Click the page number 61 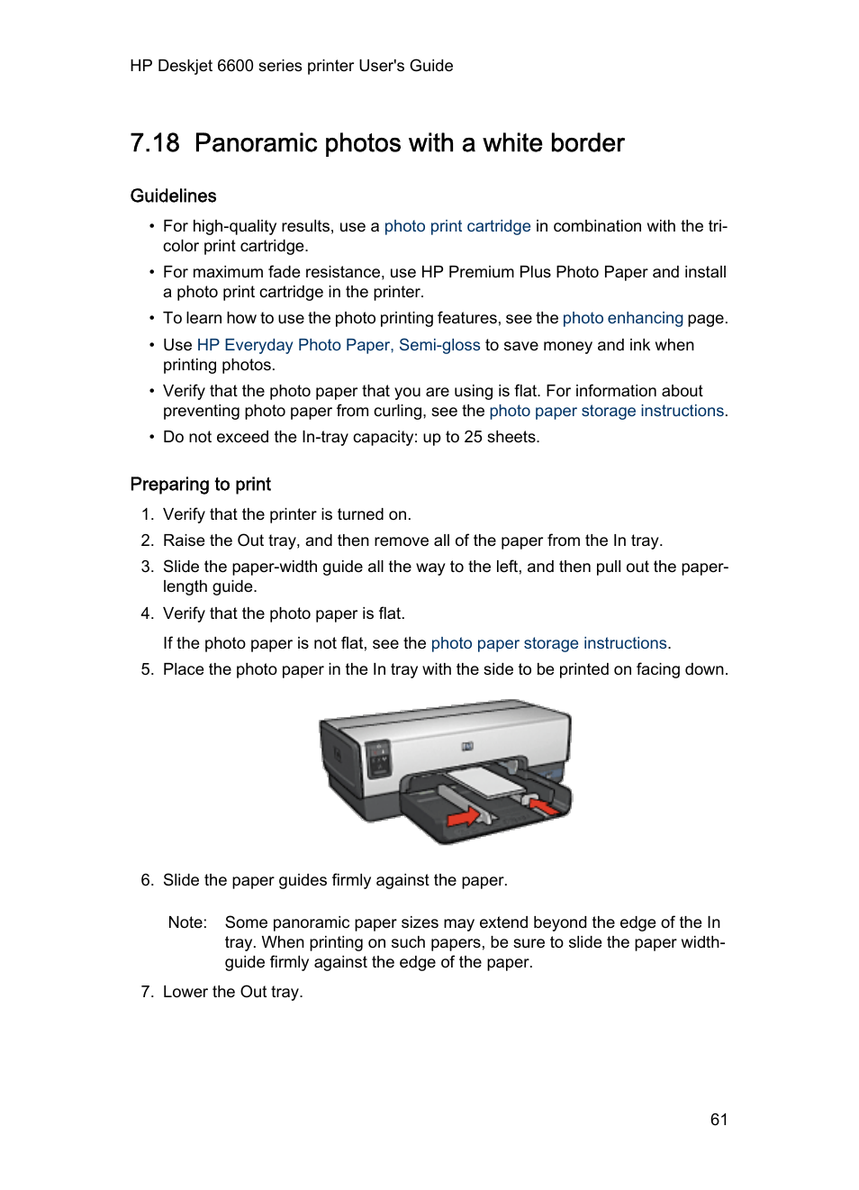(718, 1119)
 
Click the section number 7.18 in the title (155, 143)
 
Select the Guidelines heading (173, 195)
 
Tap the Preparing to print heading (200, 484)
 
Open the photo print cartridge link (457, 226)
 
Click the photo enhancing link (622, 318)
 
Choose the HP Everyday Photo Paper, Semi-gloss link (338, 345)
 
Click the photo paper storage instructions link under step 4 (548, 643)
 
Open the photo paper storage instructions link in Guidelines (606, 411)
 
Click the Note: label (187, 922)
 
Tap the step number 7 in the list (147, 992)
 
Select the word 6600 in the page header (235, 66)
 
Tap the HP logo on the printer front (466, 746)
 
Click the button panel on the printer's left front (379, 759)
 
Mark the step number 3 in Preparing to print (147, 567)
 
